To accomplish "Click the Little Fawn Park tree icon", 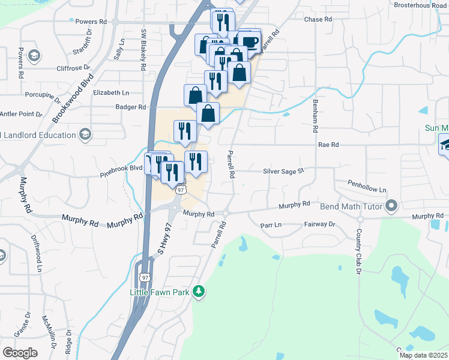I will coord(199,292).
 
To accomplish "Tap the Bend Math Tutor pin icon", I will coord(392,207).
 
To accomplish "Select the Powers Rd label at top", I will coord(92,22).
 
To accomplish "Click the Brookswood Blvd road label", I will coord(73,98).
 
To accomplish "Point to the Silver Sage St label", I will coord(284,172).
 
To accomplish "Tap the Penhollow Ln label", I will coord(367,185).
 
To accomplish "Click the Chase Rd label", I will coord(318,20).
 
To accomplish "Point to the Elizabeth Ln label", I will coord(111,93).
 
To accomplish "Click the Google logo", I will coord(20,352).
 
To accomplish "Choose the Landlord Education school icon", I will coord(85,134).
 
